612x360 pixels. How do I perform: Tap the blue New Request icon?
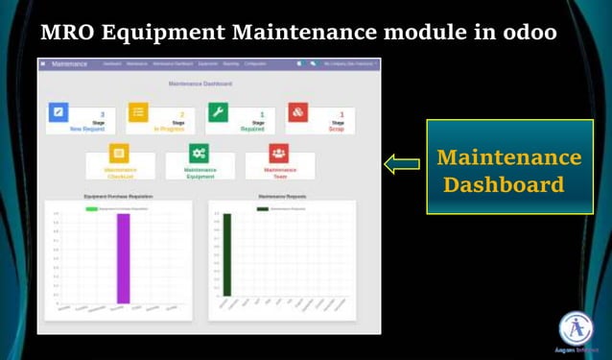point(59,112)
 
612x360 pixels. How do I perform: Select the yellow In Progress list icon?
point(138,112)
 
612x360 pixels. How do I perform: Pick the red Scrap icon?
point(297,112)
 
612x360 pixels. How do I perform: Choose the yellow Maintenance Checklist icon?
point(119,153)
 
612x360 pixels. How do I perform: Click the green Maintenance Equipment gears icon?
point(199,153)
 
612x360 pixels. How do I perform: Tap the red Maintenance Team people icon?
point(278,153)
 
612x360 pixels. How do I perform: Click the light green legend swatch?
point(92,207)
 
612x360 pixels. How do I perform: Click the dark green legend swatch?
point(262,207)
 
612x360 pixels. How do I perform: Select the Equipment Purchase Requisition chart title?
point(118,197)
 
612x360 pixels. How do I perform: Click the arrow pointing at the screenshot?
point(401,163)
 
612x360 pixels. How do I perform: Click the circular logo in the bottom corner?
point(576,328)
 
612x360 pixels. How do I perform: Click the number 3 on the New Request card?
point(102,114)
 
